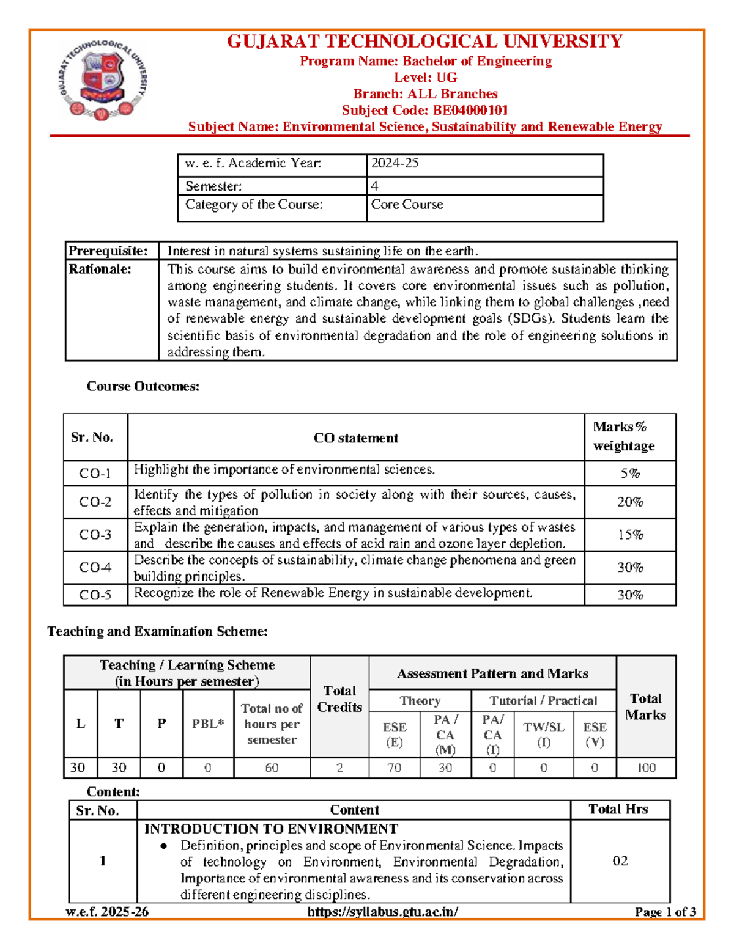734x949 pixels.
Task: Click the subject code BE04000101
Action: point(470,111)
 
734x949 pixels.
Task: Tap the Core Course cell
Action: point(407,205)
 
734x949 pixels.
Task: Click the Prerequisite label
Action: point(108,251)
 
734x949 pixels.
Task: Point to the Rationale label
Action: point(100,269)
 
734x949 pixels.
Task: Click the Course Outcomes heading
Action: point(143,386)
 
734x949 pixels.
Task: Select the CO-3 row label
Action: point(95,535)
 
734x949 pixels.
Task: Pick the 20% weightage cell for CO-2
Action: point(630,502)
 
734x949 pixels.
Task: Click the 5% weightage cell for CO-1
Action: point(630,474)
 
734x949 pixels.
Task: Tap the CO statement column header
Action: point(355,438)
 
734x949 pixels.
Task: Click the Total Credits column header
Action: point(339,699)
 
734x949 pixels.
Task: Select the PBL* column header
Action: point(208,724)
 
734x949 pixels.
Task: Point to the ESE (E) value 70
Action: point(395,768)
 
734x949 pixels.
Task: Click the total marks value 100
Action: point(646,768)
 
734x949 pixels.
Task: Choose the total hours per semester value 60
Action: point(272,768)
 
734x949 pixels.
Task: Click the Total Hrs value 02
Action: point(620,861)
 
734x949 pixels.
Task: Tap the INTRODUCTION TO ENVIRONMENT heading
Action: point(271,829)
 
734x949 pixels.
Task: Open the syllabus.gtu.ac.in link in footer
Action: point(383,912)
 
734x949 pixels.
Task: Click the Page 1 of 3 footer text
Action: point(665,912)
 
